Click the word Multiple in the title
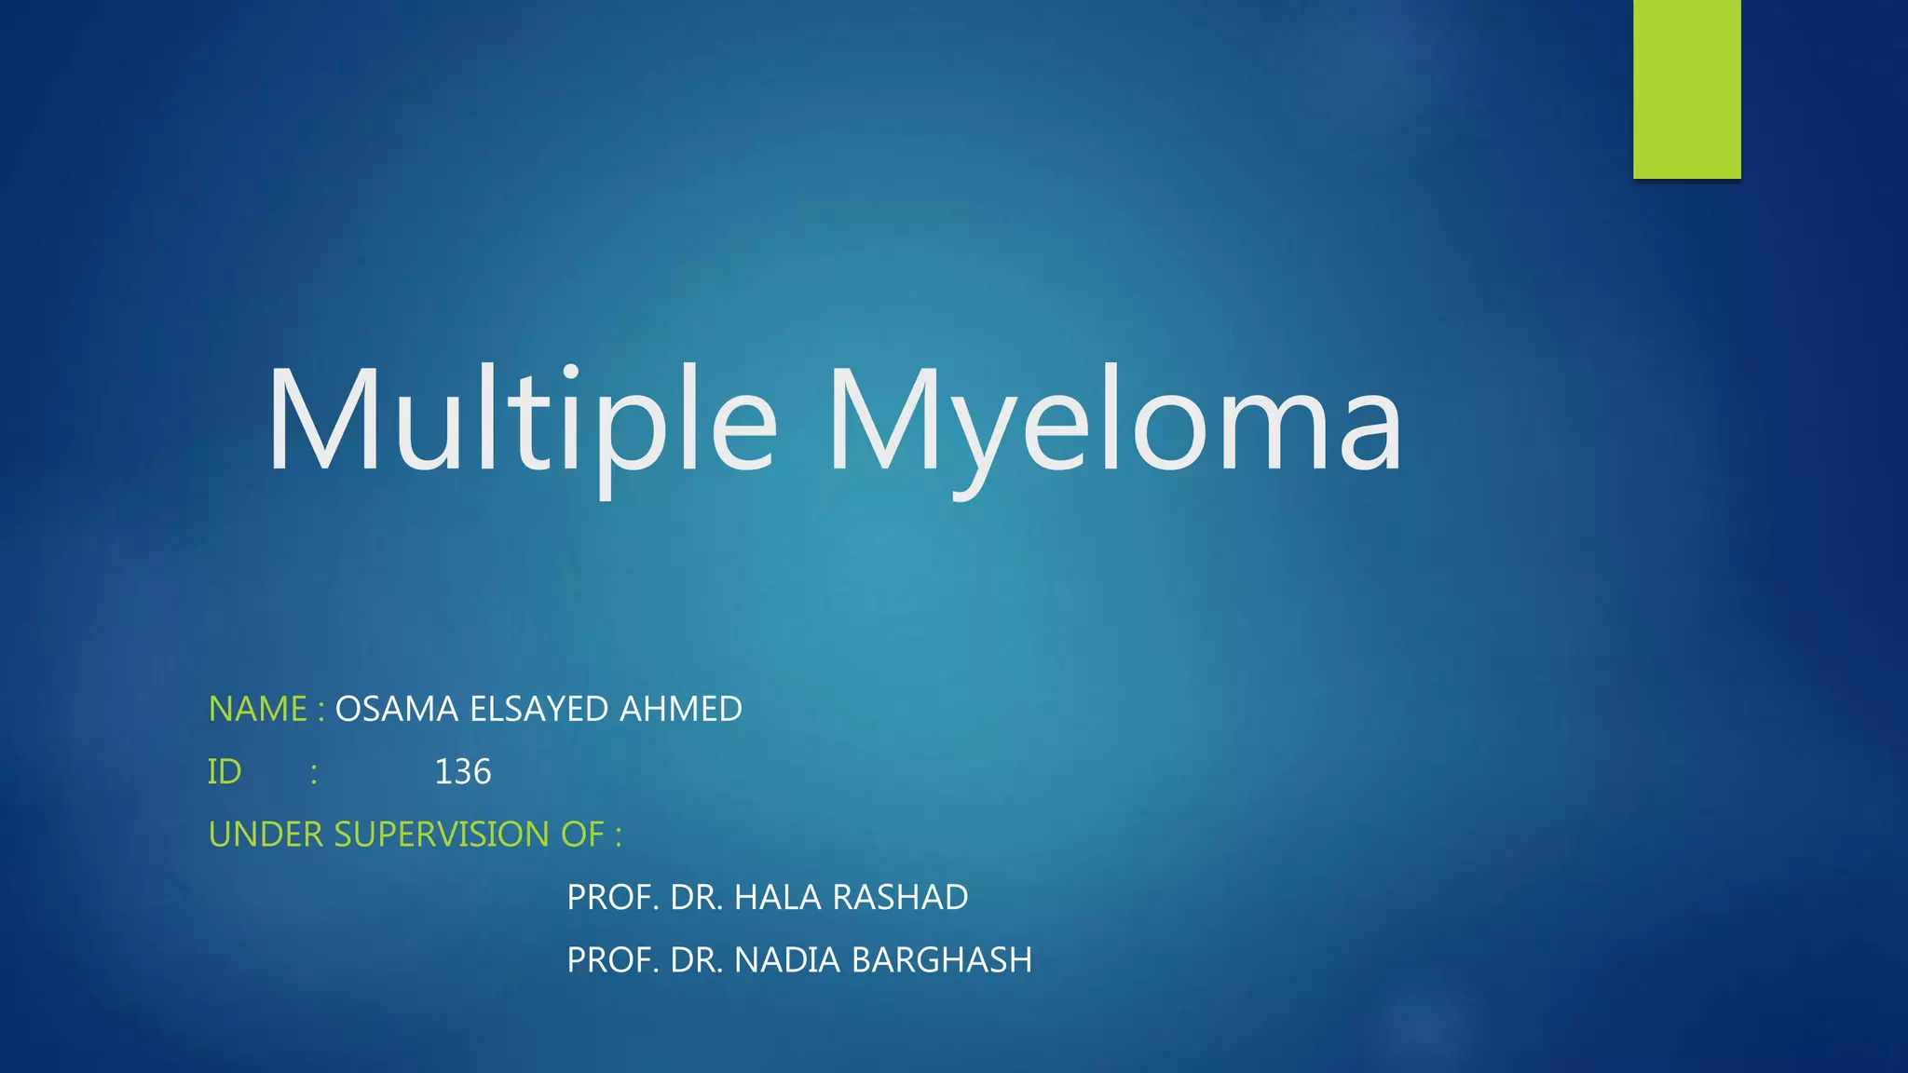pyautogui.click(x=522, y=421)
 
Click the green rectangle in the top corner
pyautogui.click(x=1686, y=88)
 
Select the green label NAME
pyautogui.click(x=257, y=710)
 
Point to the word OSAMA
pyautogui.click(x=396, y=710)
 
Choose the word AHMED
pyautogui.click(x=681, y=710)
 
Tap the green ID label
pyautogui.click(x=225, y=772)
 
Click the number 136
pyautogui.click(x=463, y=772)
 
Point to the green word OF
pyautogui.click(x=582, y=835)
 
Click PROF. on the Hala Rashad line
pyautogui.click(x=613, y=898)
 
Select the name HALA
pyautogui.click(x=778, y=898)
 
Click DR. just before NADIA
pyautogui.click(x=696, y=960)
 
